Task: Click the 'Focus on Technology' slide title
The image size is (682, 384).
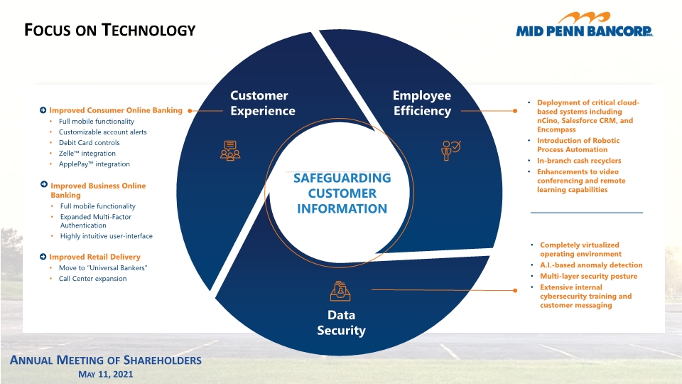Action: [109, 30]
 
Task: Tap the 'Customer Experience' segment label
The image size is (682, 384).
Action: [263, 103]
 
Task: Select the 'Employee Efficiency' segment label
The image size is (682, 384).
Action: [422, 103]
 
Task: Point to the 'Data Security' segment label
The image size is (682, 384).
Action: [342, 323]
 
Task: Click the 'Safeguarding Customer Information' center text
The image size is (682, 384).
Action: [342, 193]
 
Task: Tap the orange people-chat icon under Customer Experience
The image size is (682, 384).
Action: [230, 151]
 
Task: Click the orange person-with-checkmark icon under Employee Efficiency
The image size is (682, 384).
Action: [451, 151]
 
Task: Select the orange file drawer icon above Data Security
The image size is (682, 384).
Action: [340, 291]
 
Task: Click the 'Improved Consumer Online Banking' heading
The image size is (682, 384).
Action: [116, 110]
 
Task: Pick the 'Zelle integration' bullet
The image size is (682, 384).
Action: [87, 154]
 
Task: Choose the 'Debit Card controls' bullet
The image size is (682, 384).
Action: [90, 142]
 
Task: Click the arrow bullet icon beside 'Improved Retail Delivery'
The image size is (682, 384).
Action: [43, 257]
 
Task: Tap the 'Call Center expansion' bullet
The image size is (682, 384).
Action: [92, 279]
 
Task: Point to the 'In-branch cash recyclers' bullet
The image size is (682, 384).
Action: [579, 161]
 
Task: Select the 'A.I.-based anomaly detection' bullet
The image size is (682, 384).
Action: [591, 265]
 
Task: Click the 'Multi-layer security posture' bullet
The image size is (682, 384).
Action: [588, 276]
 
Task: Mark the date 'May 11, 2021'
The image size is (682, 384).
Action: [106, 375]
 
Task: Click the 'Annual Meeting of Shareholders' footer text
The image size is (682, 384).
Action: [106, 360]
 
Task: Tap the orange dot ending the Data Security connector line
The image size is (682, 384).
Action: [515, 290]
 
